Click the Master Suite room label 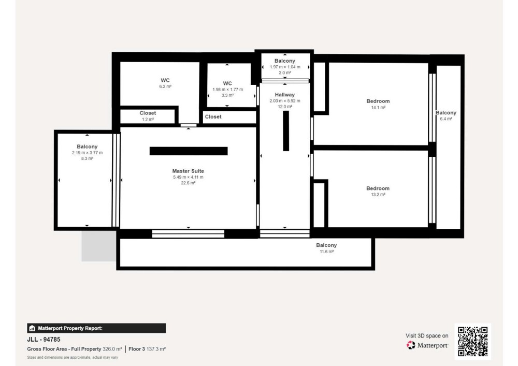point(188,171)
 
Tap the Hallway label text point(284,95)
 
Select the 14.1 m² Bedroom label point(378,101)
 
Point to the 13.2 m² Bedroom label point(378,188)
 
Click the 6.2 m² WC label point(165,80)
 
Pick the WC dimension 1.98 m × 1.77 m point(227,90)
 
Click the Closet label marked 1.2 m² point(148,113)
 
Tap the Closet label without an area point(213,116)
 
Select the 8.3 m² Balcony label point(87,147)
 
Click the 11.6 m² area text point(326,252)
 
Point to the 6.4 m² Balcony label point(445,112)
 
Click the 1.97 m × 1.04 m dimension point(285,67)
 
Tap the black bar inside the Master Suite point(189,151)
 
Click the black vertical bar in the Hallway point(286,130)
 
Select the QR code point(472,342)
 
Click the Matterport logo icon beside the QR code point(411,345)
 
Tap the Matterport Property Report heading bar point(96,328)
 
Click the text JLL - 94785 point(44,339)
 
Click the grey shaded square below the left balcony point(99,246)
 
